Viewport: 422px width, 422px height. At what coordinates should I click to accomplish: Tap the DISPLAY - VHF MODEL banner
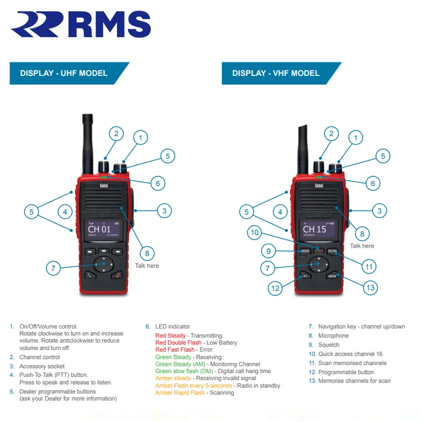276,73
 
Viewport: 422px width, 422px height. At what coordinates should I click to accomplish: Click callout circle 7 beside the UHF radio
53,268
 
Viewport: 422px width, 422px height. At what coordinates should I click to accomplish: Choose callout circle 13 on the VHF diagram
370,288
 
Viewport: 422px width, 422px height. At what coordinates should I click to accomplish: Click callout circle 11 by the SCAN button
369,267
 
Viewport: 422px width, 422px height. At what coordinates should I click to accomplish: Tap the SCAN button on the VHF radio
332,251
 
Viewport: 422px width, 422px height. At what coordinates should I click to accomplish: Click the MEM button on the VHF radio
332,276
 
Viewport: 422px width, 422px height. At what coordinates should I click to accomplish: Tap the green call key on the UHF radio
90,275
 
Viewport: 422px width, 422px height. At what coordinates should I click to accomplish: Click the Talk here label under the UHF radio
146,266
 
